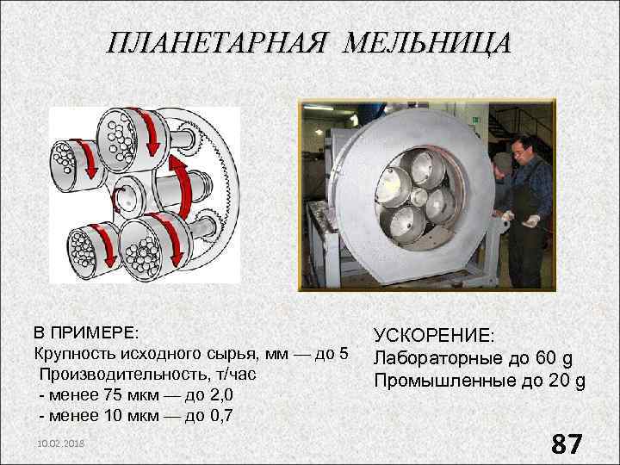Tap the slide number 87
567,443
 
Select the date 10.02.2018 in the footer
60,441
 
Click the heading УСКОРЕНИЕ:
434,337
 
